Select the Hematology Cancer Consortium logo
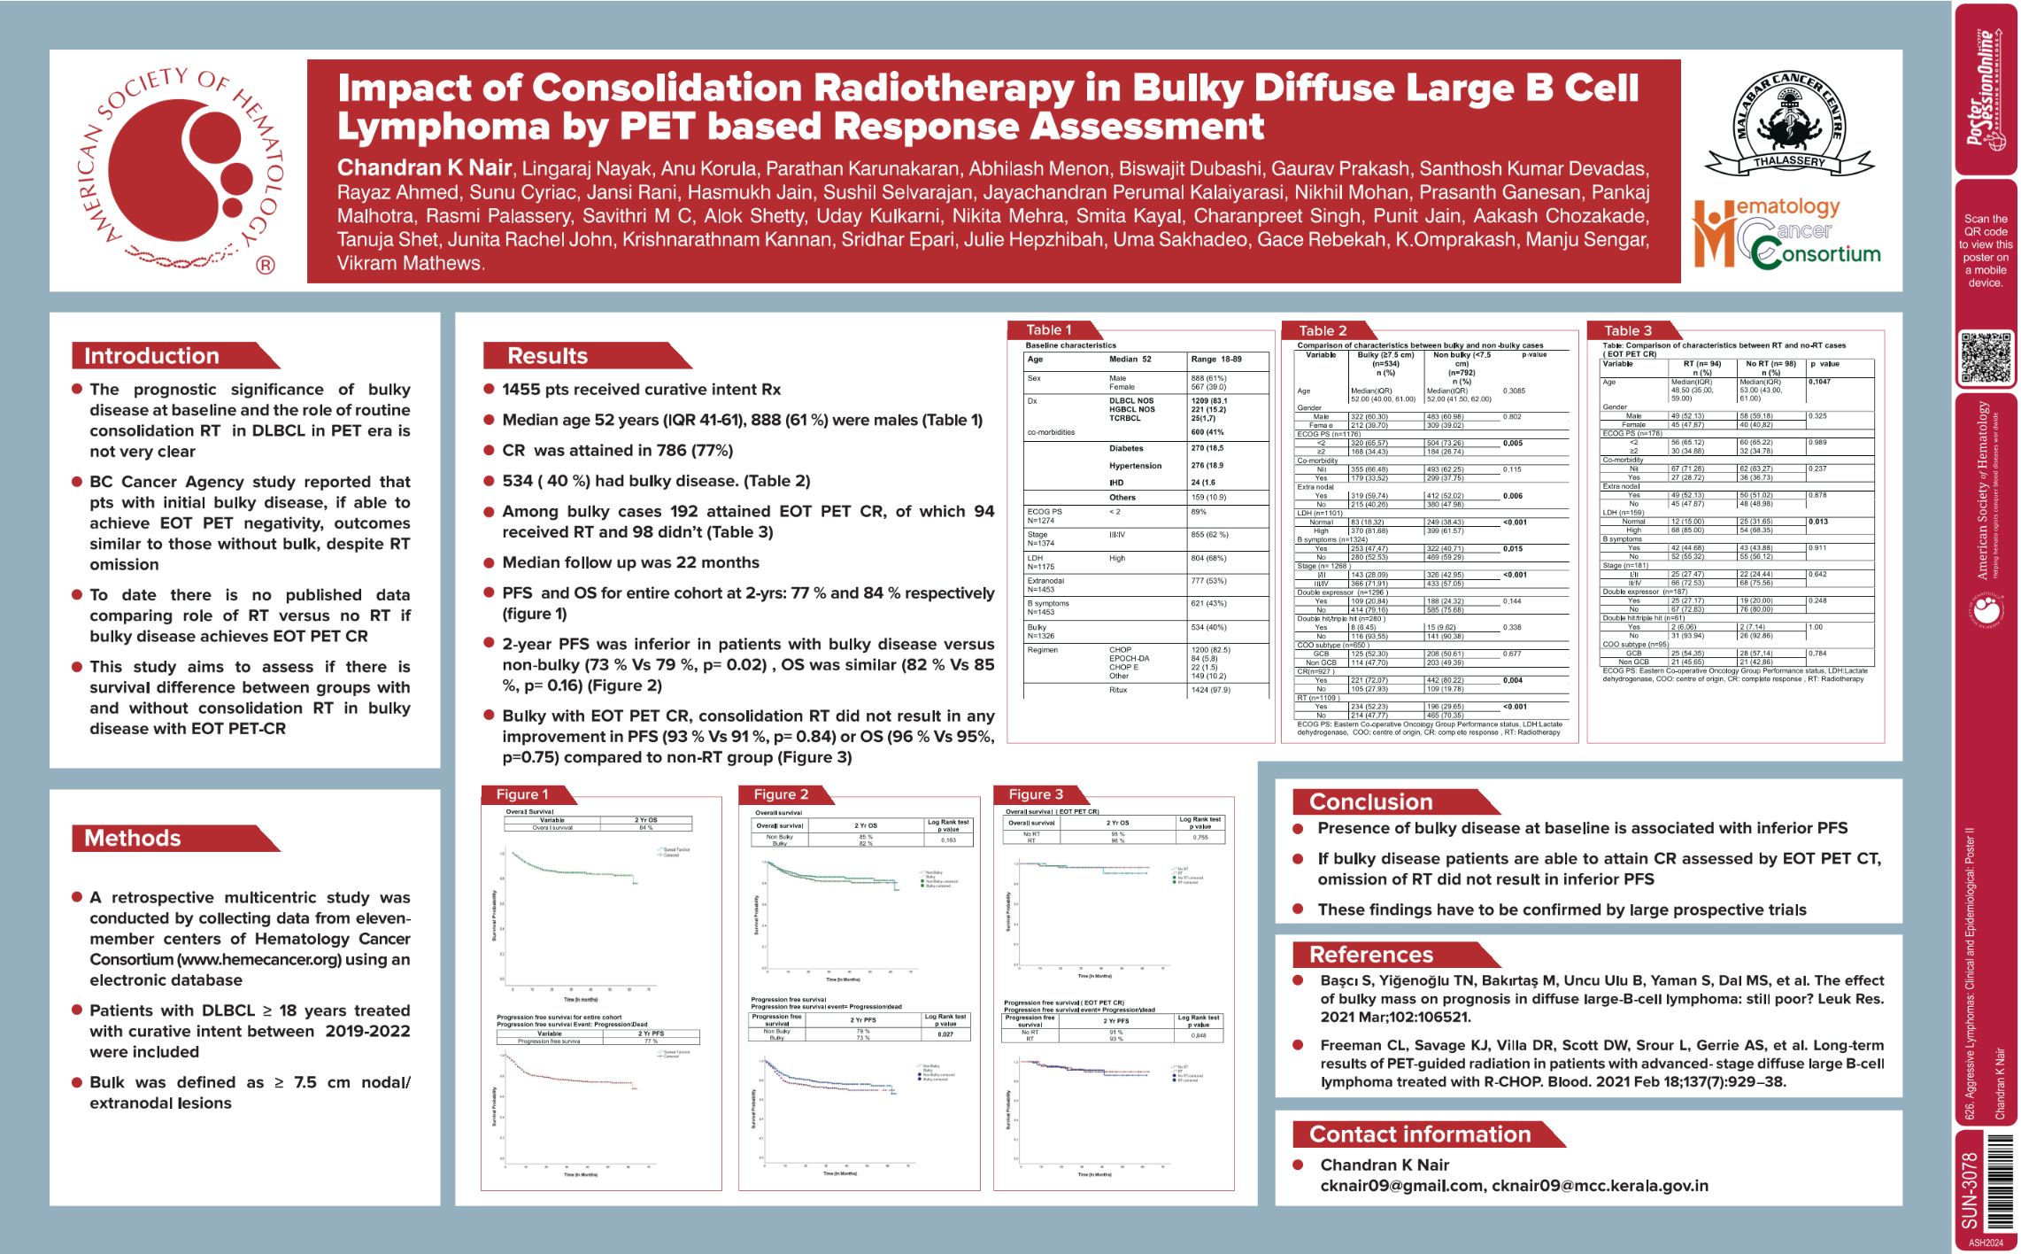coord(1786,233)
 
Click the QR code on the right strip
coord(1985,358)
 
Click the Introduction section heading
coord(152,356)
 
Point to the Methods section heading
coord(133,839)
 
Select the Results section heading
coord(547,356)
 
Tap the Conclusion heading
coord(1370,802)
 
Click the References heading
coord(1370,955)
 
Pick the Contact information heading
coord(1419,1134)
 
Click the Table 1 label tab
coord(1048,330)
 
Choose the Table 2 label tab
coord(1323,331)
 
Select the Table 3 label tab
coord(1628,331)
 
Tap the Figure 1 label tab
coord(522,794)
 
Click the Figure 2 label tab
coord(781,794)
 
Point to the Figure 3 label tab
coord(1036,794)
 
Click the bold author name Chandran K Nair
coord(424,168)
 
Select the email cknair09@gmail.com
coord(1401,1186)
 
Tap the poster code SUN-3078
coord(1970,1189)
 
